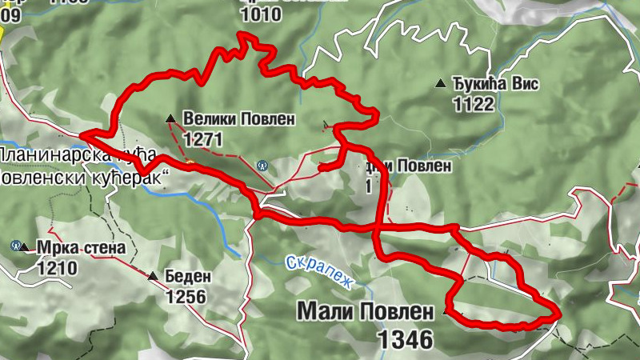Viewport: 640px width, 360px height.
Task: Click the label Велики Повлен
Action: coord(238,119)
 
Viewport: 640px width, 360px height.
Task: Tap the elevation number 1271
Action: coord(202,139)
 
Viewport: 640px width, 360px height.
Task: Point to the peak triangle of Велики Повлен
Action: coord(170,119)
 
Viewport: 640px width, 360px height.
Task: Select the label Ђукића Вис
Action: coord(496,84)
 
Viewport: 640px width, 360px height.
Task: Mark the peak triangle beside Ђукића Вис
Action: coord(440,83)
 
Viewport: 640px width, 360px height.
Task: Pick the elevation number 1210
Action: coord(56,267)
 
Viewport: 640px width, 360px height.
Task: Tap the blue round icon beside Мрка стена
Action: coord(16,245)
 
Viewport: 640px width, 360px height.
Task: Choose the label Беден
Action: coord(188,277)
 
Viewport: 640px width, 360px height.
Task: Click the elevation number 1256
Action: coord(186,297)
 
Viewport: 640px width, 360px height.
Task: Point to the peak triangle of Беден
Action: coord(152,277)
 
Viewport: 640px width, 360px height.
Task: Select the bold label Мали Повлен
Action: coord(365,310)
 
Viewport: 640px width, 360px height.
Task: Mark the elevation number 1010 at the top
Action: coord(261,14)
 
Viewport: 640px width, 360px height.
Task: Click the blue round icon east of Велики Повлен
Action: coord(262,166)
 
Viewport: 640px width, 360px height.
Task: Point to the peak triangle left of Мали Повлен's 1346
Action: coord(445,313)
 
